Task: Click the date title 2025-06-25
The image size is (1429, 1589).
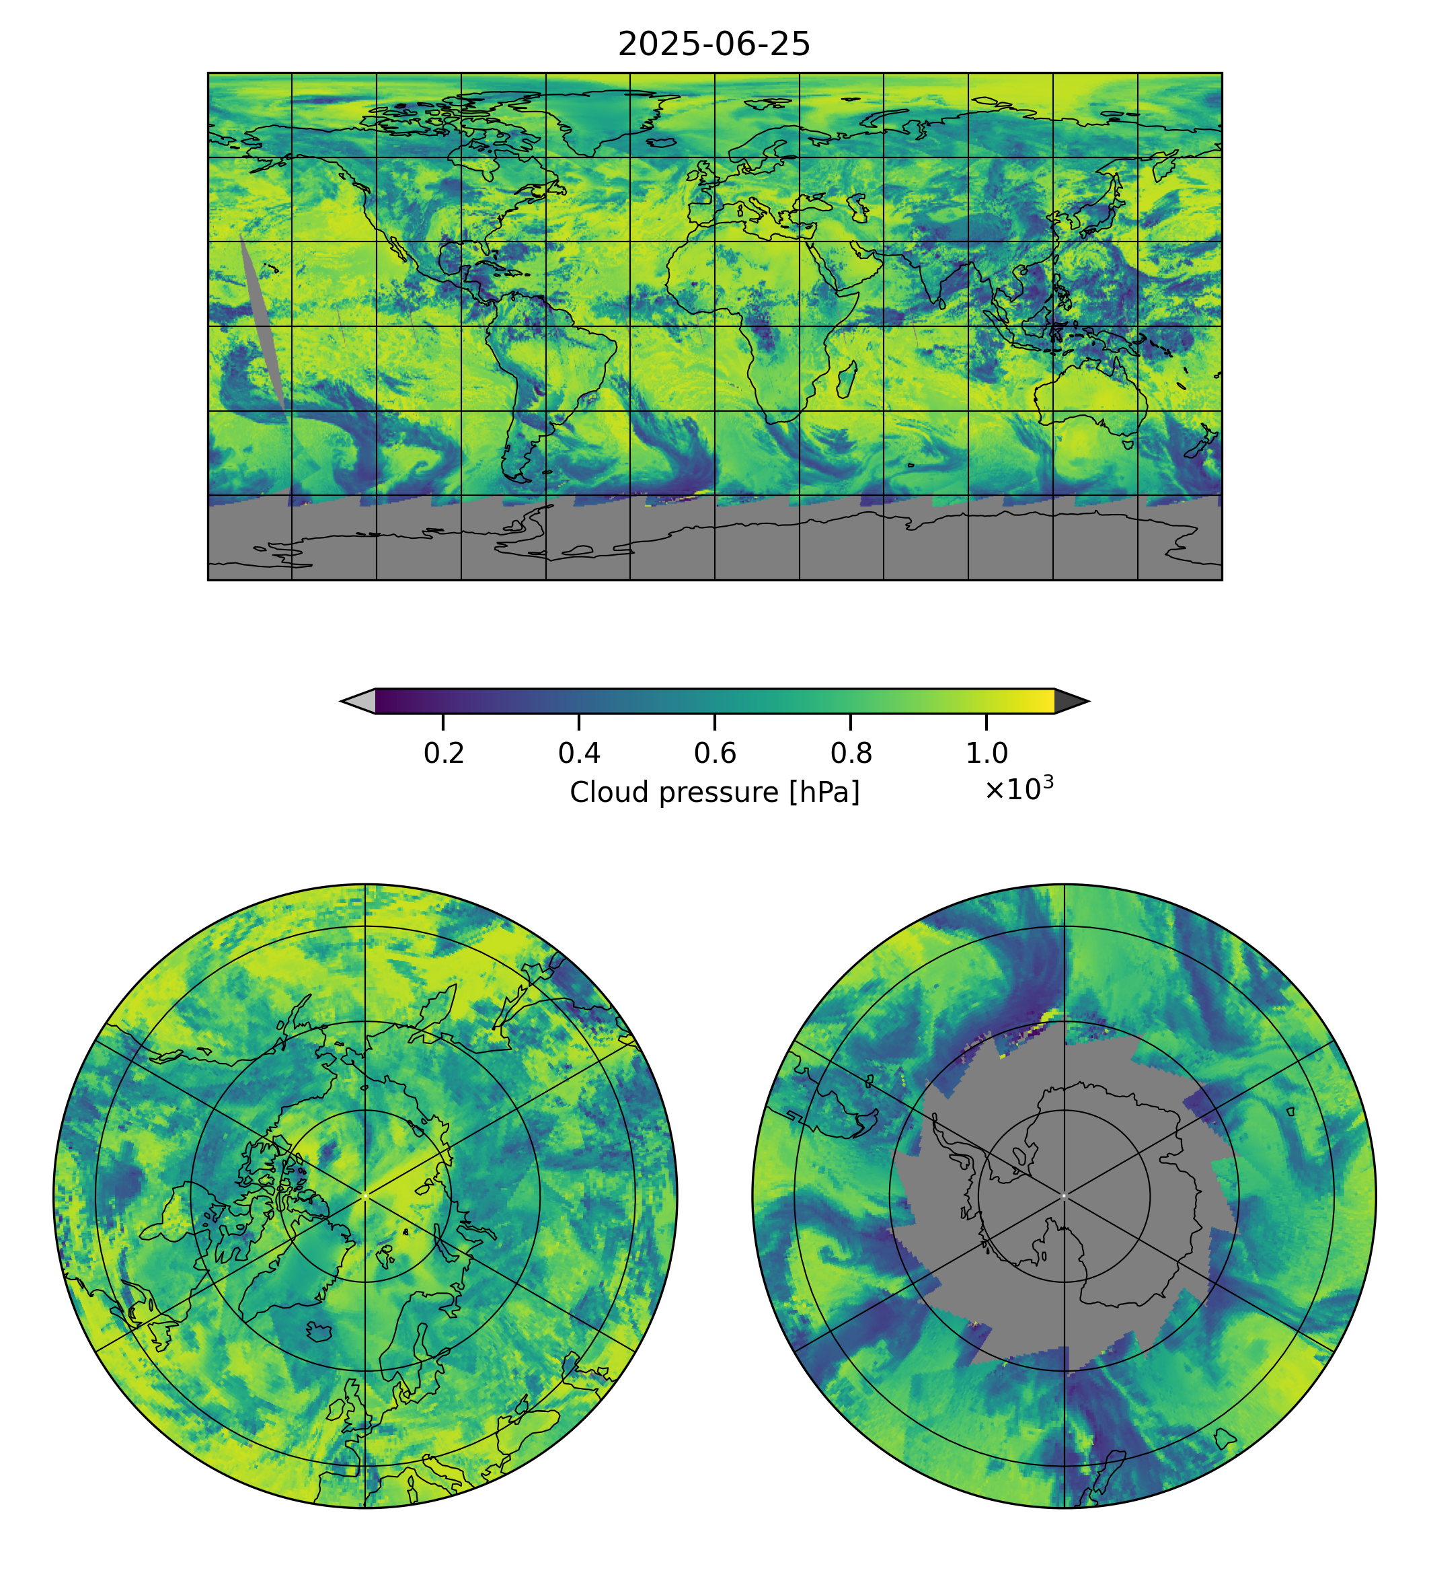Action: click(x=713, y=45)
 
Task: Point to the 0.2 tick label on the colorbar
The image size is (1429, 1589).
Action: click(x=444, y=753)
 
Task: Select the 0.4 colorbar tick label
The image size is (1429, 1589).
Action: click(x=579, y=753)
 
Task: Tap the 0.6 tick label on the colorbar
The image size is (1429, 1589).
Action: click(x=714, y=753)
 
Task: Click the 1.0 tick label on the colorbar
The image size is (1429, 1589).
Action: click(x=986, y=753)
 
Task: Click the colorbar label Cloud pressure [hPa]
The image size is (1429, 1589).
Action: click(x=714, y=792)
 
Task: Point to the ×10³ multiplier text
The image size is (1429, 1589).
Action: click(x=1018, y=788)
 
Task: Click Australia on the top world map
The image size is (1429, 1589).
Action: click(x=1091, y=400)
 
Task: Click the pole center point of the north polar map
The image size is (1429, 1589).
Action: click(x=365, y=1196)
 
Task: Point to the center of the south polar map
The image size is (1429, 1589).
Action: click(x=1064, y=1196)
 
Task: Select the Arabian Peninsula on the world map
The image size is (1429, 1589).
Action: click(x=844, y=263)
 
